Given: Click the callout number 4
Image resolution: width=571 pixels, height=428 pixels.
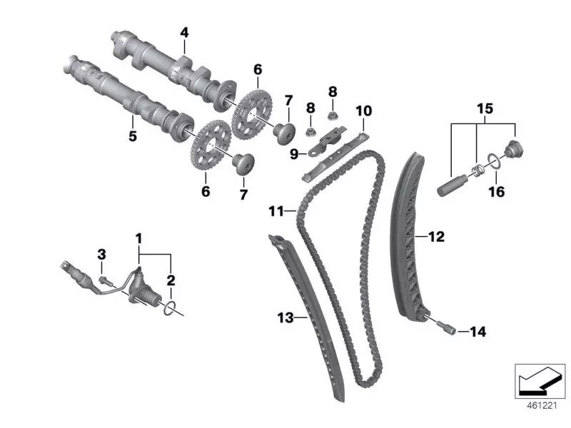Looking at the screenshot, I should tap(184, 32).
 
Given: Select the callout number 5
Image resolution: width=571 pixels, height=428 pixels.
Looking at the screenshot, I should tap(132, 136).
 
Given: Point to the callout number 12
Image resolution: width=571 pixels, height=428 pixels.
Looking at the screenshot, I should tap(436, 236).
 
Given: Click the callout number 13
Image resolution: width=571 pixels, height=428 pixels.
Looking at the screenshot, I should tap(285, 317).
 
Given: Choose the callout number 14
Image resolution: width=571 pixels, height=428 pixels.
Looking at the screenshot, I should tap(477, 331).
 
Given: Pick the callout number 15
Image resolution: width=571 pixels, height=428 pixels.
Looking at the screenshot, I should tap(485, 109).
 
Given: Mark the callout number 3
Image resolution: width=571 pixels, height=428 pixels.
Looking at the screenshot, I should tap(101, 254).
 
